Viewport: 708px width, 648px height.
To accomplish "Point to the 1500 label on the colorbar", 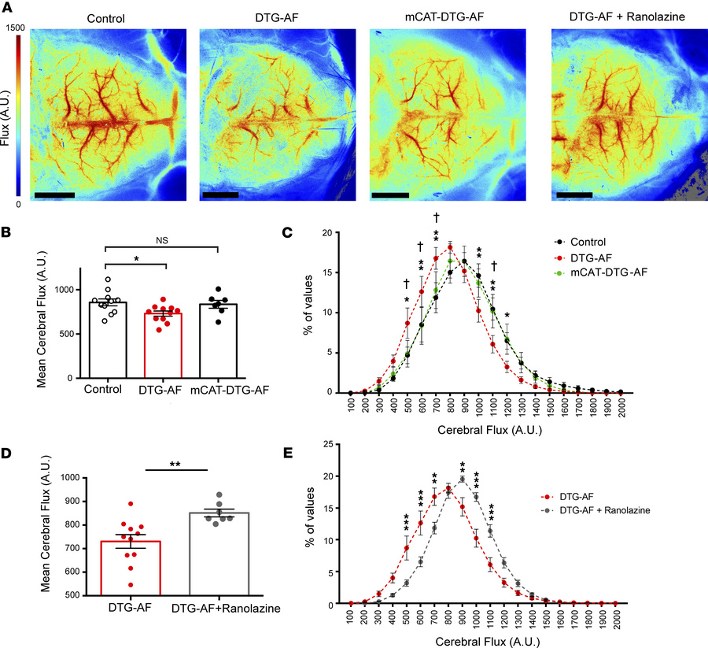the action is [14, 27].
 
